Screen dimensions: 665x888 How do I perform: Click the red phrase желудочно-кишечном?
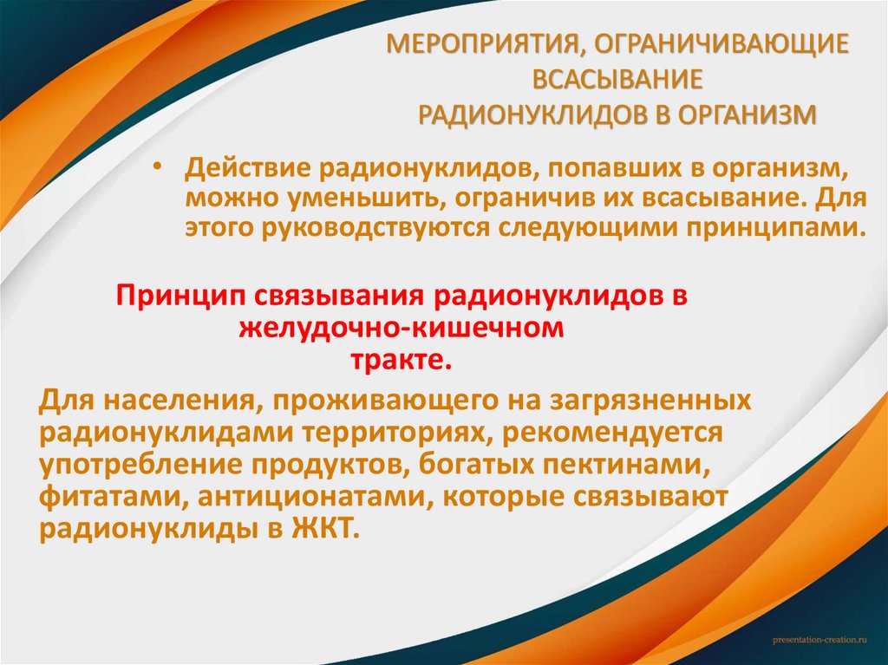point(402,327)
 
